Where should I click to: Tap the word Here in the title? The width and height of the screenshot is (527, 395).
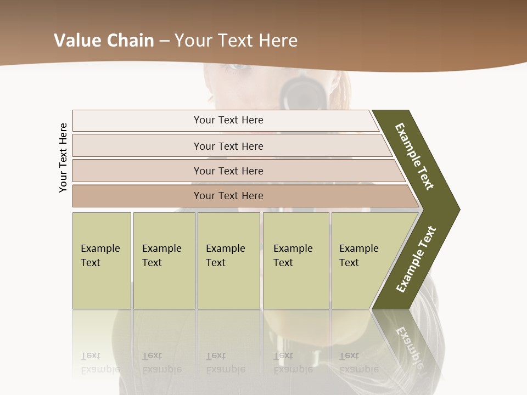point(278,41)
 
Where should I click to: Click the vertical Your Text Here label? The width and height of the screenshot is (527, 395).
point(63,157)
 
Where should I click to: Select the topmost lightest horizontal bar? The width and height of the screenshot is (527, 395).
point(225,120)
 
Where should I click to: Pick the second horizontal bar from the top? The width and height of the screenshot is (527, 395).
point(231,146)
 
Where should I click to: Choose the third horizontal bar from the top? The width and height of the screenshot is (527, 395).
point(236,171)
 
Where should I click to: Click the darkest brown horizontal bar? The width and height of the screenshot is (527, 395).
point(242,196)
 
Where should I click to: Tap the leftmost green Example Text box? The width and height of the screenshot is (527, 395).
point(102,260)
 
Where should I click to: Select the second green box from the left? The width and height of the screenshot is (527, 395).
point(164,260)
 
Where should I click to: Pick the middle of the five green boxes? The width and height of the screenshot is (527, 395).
point(228,260)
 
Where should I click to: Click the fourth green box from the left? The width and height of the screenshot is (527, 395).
point(296,260)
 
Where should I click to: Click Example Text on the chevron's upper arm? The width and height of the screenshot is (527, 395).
point(414,156)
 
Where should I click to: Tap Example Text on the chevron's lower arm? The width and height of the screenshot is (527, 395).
point(416,259)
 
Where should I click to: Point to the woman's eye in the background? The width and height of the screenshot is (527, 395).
point(237,67)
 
